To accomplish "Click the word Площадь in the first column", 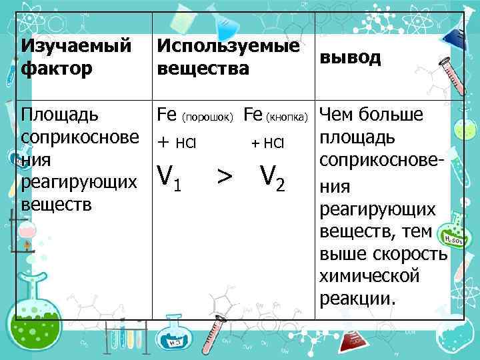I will coord(61,115).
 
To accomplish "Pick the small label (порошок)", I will coord(207,118).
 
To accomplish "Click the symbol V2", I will coord(273,177).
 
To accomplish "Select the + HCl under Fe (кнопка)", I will coord(267,143).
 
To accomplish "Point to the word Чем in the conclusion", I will coord(337,115).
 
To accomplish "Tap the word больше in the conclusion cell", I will coord(393,115).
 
